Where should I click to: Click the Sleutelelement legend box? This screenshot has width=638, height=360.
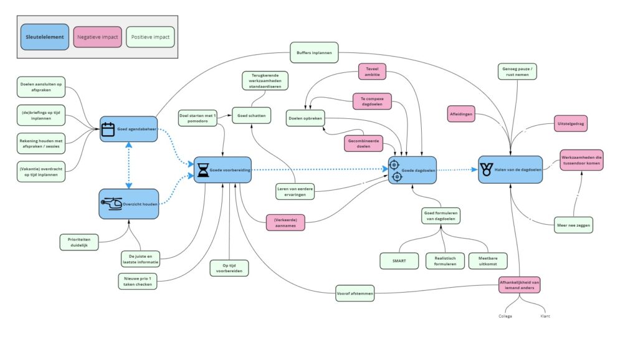click(x=45, y=37)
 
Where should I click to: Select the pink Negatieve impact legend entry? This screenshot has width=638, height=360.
click(x=98, y=37)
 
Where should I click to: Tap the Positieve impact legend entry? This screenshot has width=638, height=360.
click(x=151, y=37)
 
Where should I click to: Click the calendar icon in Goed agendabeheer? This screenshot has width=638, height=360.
click(x=108, y=130)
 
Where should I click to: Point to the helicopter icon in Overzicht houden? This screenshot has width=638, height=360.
click(x=112, y=204)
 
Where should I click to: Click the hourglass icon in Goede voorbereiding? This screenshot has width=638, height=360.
click(x=203, y=170)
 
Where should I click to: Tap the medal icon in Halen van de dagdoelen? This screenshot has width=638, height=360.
click(x=486, y=169)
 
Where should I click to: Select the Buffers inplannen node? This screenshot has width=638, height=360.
click(x=314, y=52)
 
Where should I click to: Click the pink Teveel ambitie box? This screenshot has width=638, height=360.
click(x=372, y=72)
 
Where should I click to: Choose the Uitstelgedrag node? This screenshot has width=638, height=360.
click(x=571, y=123)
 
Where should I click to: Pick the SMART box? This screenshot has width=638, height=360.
click(x=399, y=261)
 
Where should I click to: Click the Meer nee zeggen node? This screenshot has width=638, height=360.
click(x=573, y=225)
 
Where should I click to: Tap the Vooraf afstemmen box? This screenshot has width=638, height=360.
click(x=355, y=293)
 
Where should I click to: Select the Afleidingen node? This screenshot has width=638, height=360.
click(x=461, y=114)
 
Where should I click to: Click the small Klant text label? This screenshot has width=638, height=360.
click(x=545, y=316)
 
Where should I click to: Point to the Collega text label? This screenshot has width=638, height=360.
click(x=505, y=316)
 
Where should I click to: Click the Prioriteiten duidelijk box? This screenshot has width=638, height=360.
click(x=79, y=242)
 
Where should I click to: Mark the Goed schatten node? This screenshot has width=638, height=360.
click(x=252, y=115)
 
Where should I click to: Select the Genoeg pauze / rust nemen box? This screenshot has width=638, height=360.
click(x=517, y=72)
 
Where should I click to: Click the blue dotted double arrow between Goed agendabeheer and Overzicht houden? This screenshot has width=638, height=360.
click(x=128, y=165)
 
